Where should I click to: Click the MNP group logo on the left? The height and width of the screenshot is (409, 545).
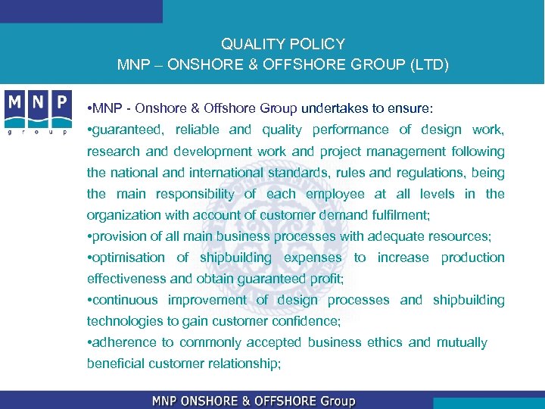38,111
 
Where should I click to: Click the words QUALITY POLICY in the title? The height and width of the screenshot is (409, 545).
283,44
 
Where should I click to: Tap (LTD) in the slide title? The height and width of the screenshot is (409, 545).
430,65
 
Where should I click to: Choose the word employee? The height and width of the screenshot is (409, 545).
335,194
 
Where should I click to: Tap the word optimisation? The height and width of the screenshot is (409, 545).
128,258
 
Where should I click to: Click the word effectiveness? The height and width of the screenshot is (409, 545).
129,279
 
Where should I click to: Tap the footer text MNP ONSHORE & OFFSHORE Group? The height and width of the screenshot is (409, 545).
254,401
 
